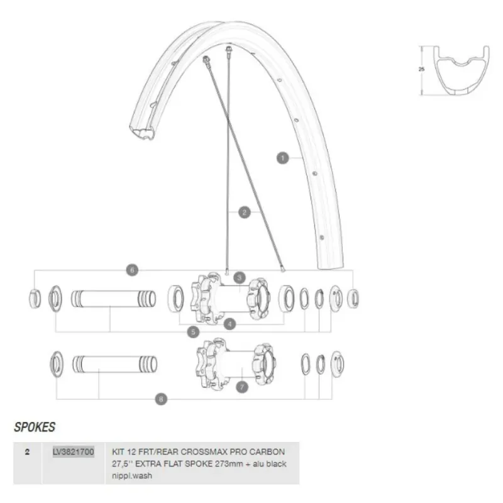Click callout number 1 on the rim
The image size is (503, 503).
(x=282, y=158)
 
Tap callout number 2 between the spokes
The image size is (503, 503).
(x=245, y=212)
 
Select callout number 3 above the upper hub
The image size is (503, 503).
(x=240, y=278)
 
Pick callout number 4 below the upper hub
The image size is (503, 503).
(x=229, y=324)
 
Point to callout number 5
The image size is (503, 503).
(x=193, y=332)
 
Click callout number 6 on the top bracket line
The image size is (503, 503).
(x=132, y=270)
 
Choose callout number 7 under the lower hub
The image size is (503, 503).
(x=242, y=387)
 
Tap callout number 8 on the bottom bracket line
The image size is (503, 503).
(x=161, y=399)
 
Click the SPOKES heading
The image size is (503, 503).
(x=35, y=427)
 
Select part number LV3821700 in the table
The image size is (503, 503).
(x=74, y=451)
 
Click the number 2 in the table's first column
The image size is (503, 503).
(x=27, y=451)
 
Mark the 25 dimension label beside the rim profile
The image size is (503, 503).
(x=421, y=69)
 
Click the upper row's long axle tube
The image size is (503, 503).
(x=113, y=299)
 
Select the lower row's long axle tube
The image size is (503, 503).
(x=115, y=364)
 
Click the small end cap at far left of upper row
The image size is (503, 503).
(x=35, y=299)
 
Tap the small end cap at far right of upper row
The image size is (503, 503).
(x=353, y=299)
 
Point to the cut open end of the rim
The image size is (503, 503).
(x=142, y=132)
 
